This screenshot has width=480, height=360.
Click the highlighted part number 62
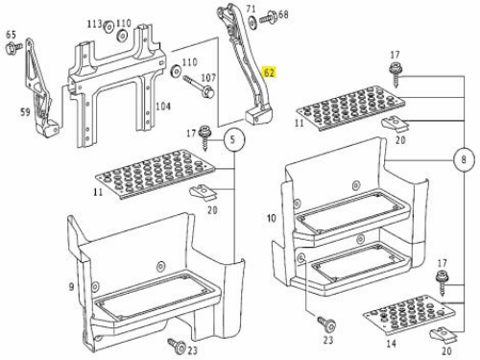click(269, 73)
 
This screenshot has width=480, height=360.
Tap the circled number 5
click(234, 139)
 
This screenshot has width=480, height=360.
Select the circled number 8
click(464, 159)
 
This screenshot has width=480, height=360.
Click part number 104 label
click(163, 107)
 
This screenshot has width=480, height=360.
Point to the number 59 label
click(26, 111)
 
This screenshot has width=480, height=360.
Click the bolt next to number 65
click(13, 48)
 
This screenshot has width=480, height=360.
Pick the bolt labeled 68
click(268, 17)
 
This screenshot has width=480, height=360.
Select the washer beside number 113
click(108, 26)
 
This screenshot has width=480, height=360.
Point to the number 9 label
click(71, 286)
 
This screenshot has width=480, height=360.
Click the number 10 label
click(272, 218)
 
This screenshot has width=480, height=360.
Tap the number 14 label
click(391, 344)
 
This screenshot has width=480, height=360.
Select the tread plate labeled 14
click(410, 315)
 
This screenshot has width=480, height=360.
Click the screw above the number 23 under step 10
click(326, 324)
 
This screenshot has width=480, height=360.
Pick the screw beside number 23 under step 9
click(178, 346)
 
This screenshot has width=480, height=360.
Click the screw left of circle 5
click(204, 137)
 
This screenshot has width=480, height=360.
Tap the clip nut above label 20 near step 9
click(204, 191)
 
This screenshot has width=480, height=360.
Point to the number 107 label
click(208, 78)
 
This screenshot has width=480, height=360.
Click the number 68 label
click(283, 14)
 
